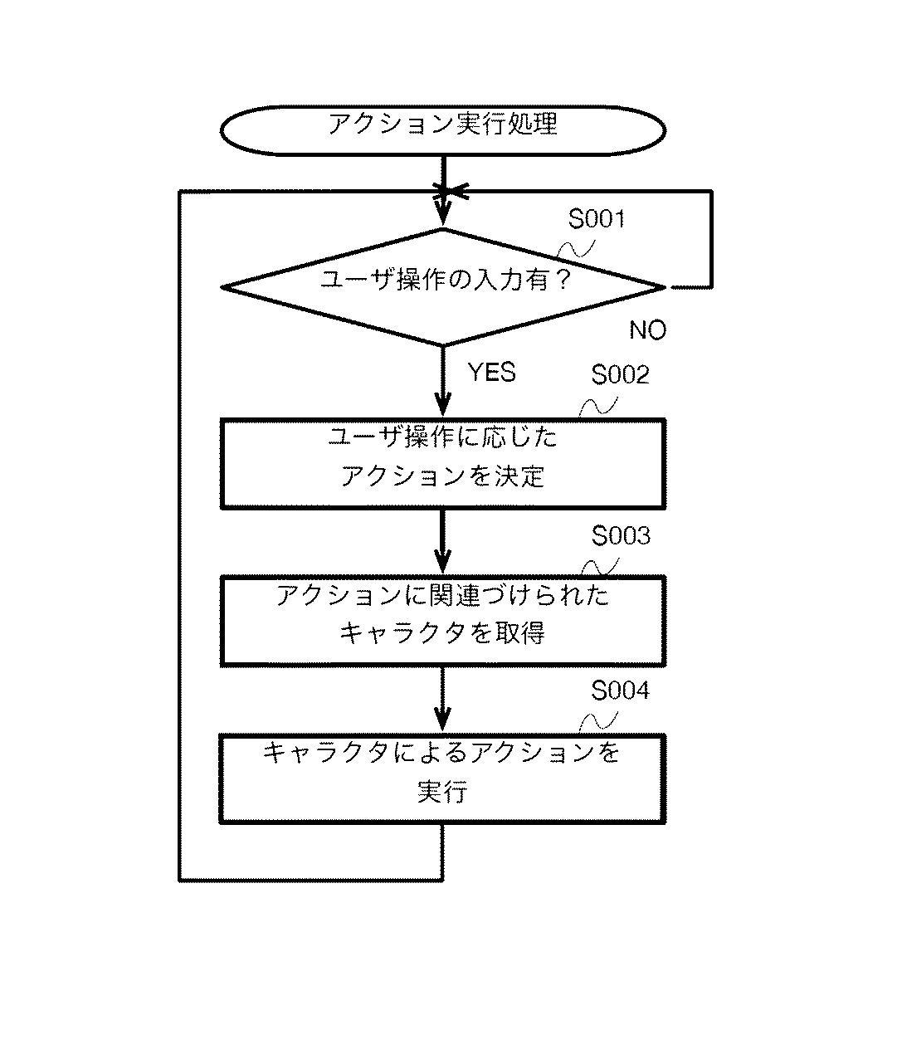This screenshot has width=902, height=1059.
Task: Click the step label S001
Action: click(x=597, y=219)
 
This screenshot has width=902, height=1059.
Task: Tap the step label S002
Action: click(x=621, y=374)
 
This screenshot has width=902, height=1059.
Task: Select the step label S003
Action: click(x=621, y=535)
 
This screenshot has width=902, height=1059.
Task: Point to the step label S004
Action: click(x=621, y=691)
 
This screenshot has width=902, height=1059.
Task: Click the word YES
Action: click(x=492, y=372)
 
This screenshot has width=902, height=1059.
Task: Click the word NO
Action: click(x=648, y=330)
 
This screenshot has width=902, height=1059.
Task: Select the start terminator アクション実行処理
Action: click(x=443, y=130)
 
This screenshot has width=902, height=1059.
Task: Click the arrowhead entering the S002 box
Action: click(x=443, y=405)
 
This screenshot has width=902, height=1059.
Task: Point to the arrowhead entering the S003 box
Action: click(x=443, y=562)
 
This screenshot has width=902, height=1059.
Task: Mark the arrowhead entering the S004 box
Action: click(x=443, y=720)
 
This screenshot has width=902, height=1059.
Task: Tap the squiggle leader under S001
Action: click(x=576, y=249)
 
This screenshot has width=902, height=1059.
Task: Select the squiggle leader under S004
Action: click(x=599, y=721)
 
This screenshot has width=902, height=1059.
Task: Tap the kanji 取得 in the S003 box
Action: click(x=519, y=634)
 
